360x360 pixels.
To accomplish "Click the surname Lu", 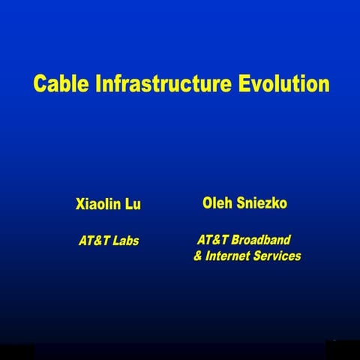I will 133,204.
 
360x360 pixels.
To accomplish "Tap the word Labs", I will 126,241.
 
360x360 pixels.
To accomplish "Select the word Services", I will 277,256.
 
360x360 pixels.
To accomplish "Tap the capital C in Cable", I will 40,83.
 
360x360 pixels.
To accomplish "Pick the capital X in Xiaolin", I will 80,204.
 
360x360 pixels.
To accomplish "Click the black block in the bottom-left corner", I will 16,351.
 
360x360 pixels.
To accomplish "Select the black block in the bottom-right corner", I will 342,349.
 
